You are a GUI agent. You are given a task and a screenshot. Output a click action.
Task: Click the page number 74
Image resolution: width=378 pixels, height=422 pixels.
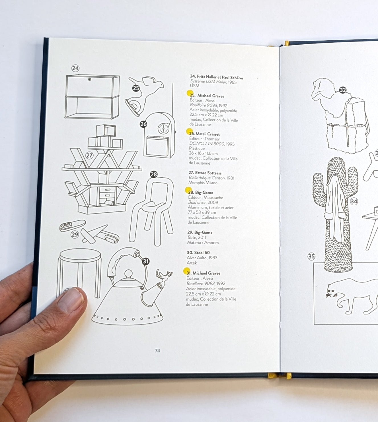point(157,351)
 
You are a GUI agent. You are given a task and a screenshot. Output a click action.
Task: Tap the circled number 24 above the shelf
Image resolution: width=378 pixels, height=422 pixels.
point(75,68)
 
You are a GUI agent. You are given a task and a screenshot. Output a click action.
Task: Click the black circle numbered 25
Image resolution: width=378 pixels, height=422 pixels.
point(136,88)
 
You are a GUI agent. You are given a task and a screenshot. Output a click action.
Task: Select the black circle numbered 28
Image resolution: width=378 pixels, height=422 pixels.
point(154,174)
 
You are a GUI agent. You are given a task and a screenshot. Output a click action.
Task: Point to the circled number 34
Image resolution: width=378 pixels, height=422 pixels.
point(354,201)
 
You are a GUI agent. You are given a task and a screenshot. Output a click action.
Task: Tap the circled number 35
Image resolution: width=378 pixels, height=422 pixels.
point(311,256)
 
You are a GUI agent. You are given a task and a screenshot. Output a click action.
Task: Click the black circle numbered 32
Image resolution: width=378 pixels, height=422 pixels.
point(343,90)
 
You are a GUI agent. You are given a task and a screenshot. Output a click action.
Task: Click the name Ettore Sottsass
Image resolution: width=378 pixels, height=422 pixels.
point(208,173)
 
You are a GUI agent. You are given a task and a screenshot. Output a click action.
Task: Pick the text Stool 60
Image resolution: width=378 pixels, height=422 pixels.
point(202,253)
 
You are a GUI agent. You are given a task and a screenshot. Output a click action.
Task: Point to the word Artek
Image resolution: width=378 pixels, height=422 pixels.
point(192,263)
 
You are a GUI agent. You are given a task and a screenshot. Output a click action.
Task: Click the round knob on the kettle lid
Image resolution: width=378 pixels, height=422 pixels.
point(128,273)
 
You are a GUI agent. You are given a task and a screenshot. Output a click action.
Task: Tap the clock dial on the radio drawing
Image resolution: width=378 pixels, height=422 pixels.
point(163,129)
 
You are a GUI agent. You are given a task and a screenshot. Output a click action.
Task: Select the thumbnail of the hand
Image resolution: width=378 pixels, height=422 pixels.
point(71,300)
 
